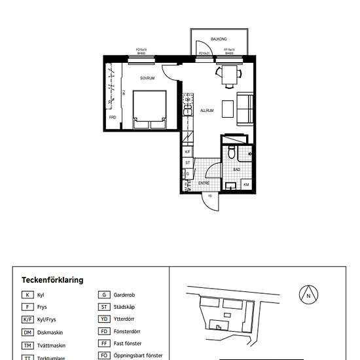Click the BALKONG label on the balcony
219,39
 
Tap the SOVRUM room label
148,79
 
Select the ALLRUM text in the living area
207,111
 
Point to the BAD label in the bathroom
236,170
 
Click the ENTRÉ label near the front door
204,184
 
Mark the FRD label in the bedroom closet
113,117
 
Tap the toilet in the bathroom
233,153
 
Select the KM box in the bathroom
246,185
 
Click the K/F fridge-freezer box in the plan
188,151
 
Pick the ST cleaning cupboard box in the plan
188,162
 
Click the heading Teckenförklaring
52,279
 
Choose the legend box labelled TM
27,346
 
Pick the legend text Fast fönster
129,344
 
